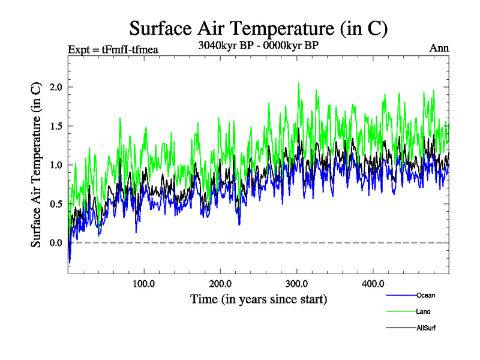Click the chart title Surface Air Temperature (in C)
coord(259,28)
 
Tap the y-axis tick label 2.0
coord(55,87)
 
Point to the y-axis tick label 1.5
coord(55,126)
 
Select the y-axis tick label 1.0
coord(55,165)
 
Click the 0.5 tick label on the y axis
coord(55,204)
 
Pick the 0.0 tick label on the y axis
coord(55,243)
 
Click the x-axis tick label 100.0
coord(144,283)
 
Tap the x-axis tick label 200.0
coord(221,283)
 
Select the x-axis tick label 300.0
coord(297,283)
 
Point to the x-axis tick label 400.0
coord(373,283)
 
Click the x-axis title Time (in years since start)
coord(259,298)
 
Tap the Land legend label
coord(423,311)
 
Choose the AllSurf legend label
coord(426,328)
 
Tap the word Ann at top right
coord(439,48)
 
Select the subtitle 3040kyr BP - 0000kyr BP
coord(258,44)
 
